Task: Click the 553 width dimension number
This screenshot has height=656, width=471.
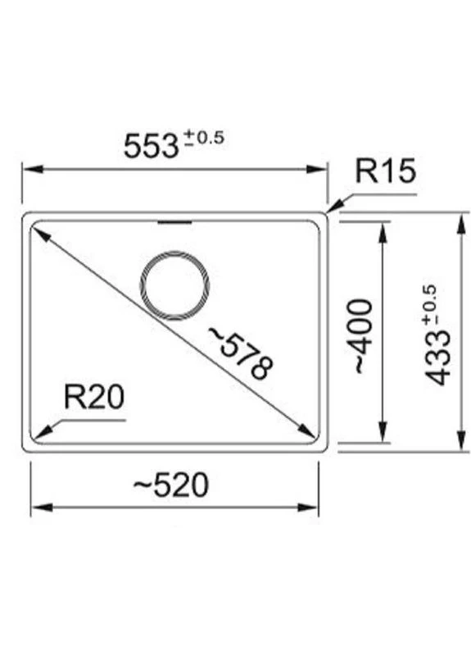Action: point(152,146)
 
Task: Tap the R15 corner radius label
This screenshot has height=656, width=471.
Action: point(385,171)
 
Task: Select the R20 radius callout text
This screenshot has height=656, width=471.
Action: point(94,397)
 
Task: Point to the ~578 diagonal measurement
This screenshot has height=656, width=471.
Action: point(242,353)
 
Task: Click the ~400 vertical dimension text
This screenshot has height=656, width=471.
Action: point(362,336)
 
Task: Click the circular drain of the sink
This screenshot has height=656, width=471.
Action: point(174,285)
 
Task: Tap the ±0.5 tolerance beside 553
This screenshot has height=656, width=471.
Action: point(205,138)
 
